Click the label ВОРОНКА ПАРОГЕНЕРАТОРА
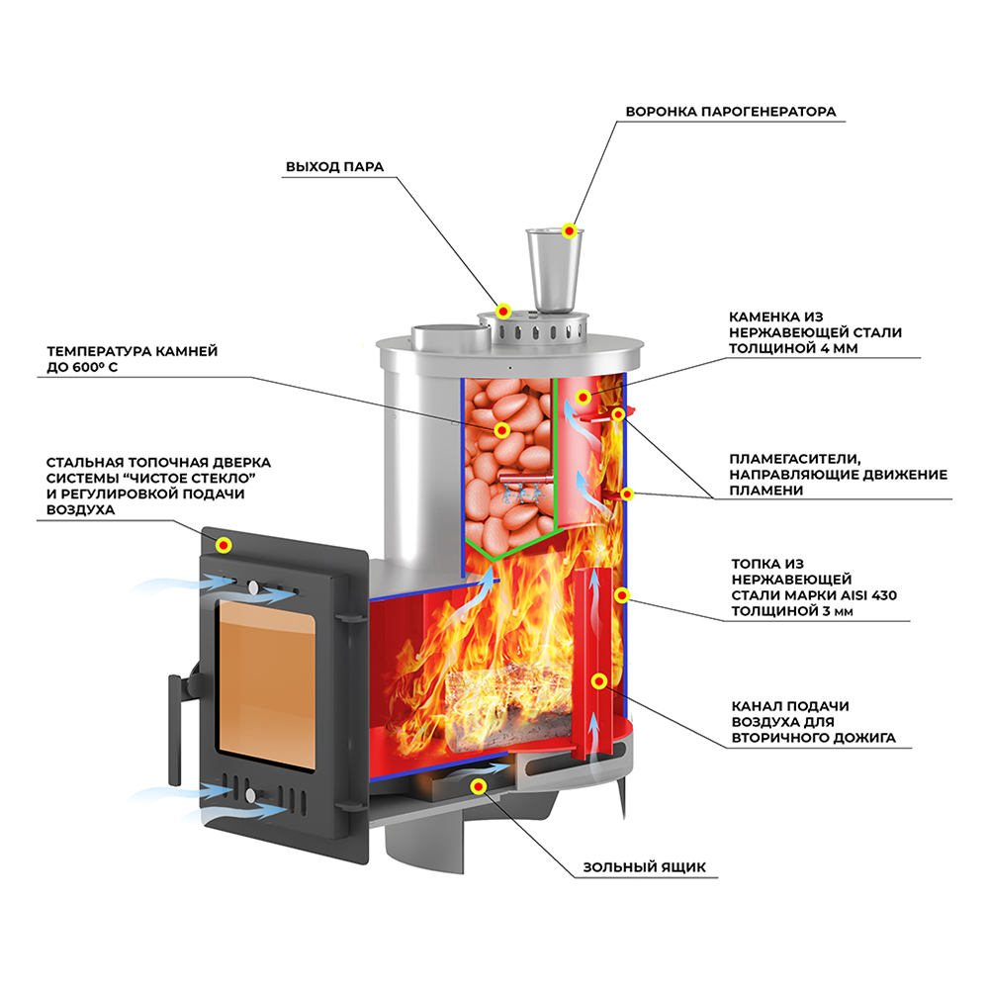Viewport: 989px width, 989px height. (730, 112)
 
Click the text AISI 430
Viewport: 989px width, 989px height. (864, 594)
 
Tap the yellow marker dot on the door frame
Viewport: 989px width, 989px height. (225, 544)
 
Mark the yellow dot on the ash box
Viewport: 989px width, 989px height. (479, 786)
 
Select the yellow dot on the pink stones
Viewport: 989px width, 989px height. (502, 431)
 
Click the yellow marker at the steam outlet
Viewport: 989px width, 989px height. (503, 311)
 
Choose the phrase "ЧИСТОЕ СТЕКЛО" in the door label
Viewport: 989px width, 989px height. (189, 478)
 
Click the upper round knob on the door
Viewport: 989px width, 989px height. (255, 588)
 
